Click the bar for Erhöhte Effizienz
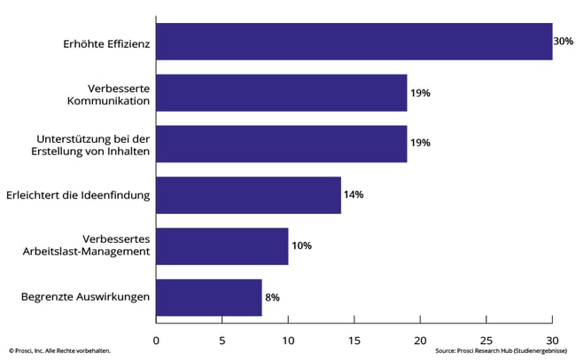354,42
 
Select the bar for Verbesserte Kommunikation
281,93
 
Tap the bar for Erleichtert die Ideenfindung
248,195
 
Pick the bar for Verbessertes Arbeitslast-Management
222,247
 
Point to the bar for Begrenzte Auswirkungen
208,298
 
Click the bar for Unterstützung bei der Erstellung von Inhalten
281,144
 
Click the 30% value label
564,42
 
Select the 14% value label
354,195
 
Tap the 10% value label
301,247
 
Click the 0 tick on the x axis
156,339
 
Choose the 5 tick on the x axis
222,339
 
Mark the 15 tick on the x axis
354,339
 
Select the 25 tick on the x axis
486,339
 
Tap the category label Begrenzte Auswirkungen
84,298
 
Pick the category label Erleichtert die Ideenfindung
77,195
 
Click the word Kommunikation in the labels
106,100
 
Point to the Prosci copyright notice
59,352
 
